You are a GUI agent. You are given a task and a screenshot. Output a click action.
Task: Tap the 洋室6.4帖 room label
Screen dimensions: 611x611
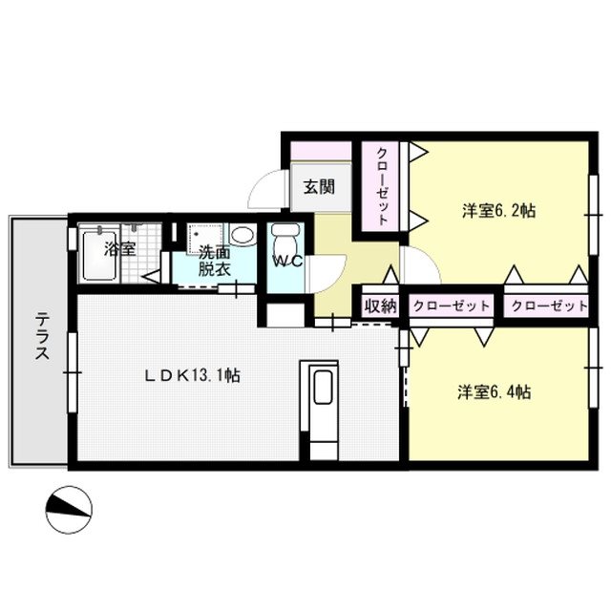point(494,391)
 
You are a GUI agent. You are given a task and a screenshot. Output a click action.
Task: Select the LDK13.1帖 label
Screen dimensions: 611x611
point(191,375)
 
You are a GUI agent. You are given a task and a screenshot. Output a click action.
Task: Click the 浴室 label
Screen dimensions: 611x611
point(119,249)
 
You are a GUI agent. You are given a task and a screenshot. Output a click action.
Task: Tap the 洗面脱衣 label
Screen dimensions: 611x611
point(214,261)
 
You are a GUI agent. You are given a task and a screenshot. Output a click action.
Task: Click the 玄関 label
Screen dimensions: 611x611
point(319,186)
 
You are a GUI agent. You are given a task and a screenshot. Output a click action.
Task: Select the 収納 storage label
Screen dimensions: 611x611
point(379,306)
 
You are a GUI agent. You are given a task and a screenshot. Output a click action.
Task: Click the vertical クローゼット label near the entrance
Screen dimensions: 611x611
point(381,185)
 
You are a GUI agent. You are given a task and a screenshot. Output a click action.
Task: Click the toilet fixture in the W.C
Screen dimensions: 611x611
point(284,238)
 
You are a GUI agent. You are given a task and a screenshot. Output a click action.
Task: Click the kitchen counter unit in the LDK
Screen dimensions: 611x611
point(320,409)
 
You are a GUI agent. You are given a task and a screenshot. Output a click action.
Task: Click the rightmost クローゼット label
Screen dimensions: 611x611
point(548,306)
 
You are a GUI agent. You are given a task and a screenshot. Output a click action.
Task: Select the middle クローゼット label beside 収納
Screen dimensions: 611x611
point(451,306)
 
